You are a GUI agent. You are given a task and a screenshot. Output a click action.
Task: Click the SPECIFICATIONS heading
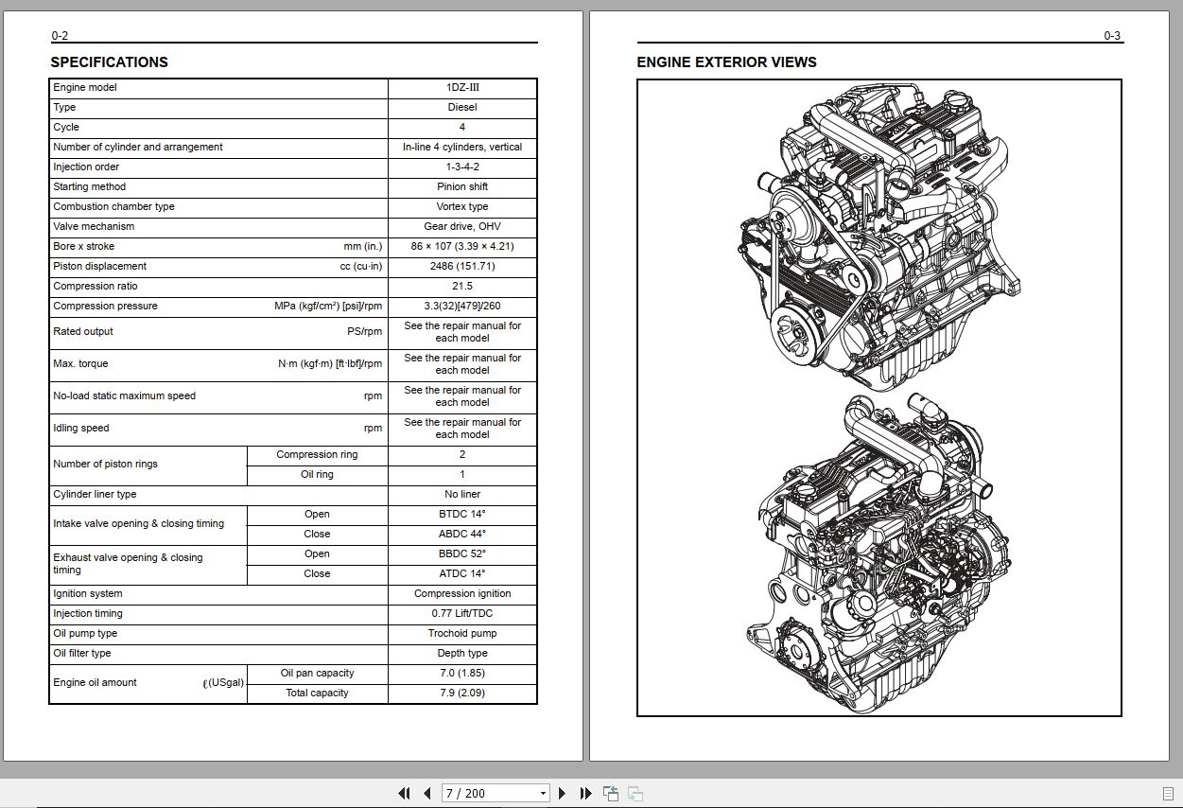pyautogui.click(x=109, y=62)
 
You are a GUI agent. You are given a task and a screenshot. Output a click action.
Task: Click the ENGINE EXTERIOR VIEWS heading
pyautogui.click(x=726, y=62)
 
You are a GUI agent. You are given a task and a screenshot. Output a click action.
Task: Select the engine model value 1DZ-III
pyautogui.click(x=462, y=88)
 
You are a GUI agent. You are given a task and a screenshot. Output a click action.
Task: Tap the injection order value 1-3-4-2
pyautogui.click(x=462, y=167)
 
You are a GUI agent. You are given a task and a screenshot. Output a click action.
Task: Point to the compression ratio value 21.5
pyautogui.click(x=462, y=287)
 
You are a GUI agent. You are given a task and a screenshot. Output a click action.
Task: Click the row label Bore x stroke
pyautogui.click(x=84, y=247)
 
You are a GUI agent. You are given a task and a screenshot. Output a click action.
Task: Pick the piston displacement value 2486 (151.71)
pyautogui.click(x=462, y=267)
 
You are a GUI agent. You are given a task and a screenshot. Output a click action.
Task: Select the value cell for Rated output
pyautogui.click(x=462, y=332)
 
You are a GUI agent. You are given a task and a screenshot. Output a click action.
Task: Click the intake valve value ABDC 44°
pyautogui.click(x=462, y=535)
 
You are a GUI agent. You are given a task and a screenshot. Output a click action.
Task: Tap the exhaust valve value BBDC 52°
pyautogui.click(x=462, y=554)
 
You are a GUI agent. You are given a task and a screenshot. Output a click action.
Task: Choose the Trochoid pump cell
pyautogui.click(x=462, y=634)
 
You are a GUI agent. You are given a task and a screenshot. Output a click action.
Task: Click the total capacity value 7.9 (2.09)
pyautogui.click(x=462, y=694)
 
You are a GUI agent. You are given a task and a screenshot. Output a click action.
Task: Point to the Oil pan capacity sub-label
pyautogui.click(x=317, y=674)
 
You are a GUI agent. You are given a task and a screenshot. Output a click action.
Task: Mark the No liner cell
pyautogui.click(x=462, y=495)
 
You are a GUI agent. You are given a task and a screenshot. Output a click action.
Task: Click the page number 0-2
pyautogui.click(x=60, y=36)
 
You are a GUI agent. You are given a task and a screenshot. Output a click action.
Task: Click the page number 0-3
pyautogui.click(x=1112, y=36)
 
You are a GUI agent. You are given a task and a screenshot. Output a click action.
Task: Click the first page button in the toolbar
pyautogui.click(x=405, y=793)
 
